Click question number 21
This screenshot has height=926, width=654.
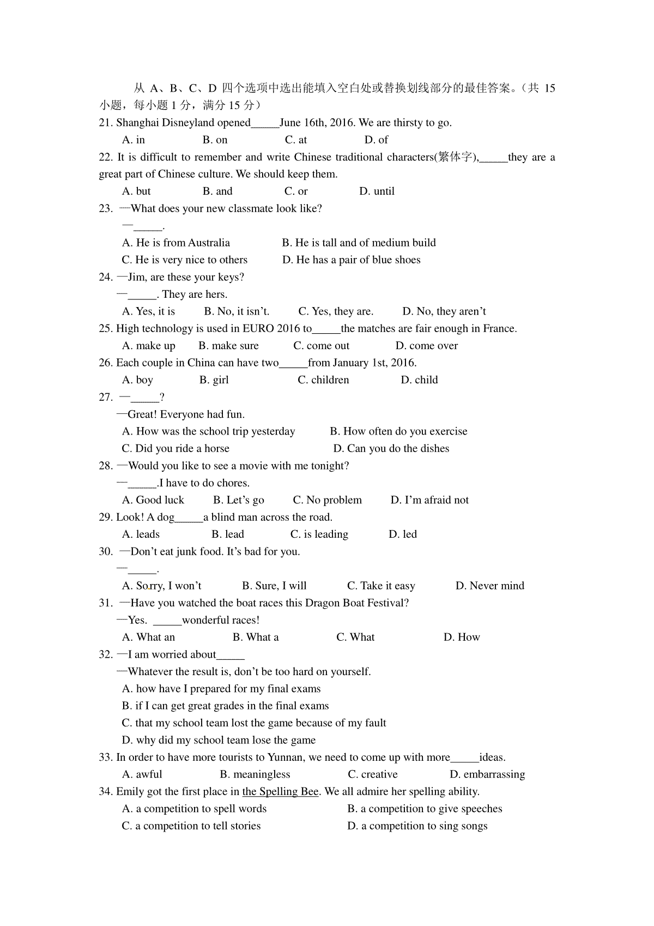tap(105, 123)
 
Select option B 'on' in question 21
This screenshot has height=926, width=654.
tap(215, 140)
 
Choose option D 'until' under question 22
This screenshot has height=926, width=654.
tap(377, 191)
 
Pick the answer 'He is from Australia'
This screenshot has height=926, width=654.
tap(176, 243)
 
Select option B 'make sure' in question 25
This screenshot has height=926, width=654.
tap(228, 346)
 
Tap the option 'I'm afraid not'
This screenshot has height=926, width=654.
tap(429, 500)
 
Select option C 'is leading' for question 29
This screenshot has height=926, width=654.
tap(319, 534)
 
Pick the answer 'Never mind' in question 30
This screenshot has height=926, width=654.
tap(490, 586)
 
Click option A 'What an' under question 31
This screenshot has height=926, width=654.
tap(149, 638)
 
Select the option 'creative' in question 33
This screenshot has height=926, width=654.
tap(373, 774)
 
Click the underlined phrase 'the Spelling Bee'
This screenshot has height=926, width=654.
tap(280, 792)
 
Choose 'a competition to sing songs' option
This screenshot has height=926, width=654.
tap(417, 826)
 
